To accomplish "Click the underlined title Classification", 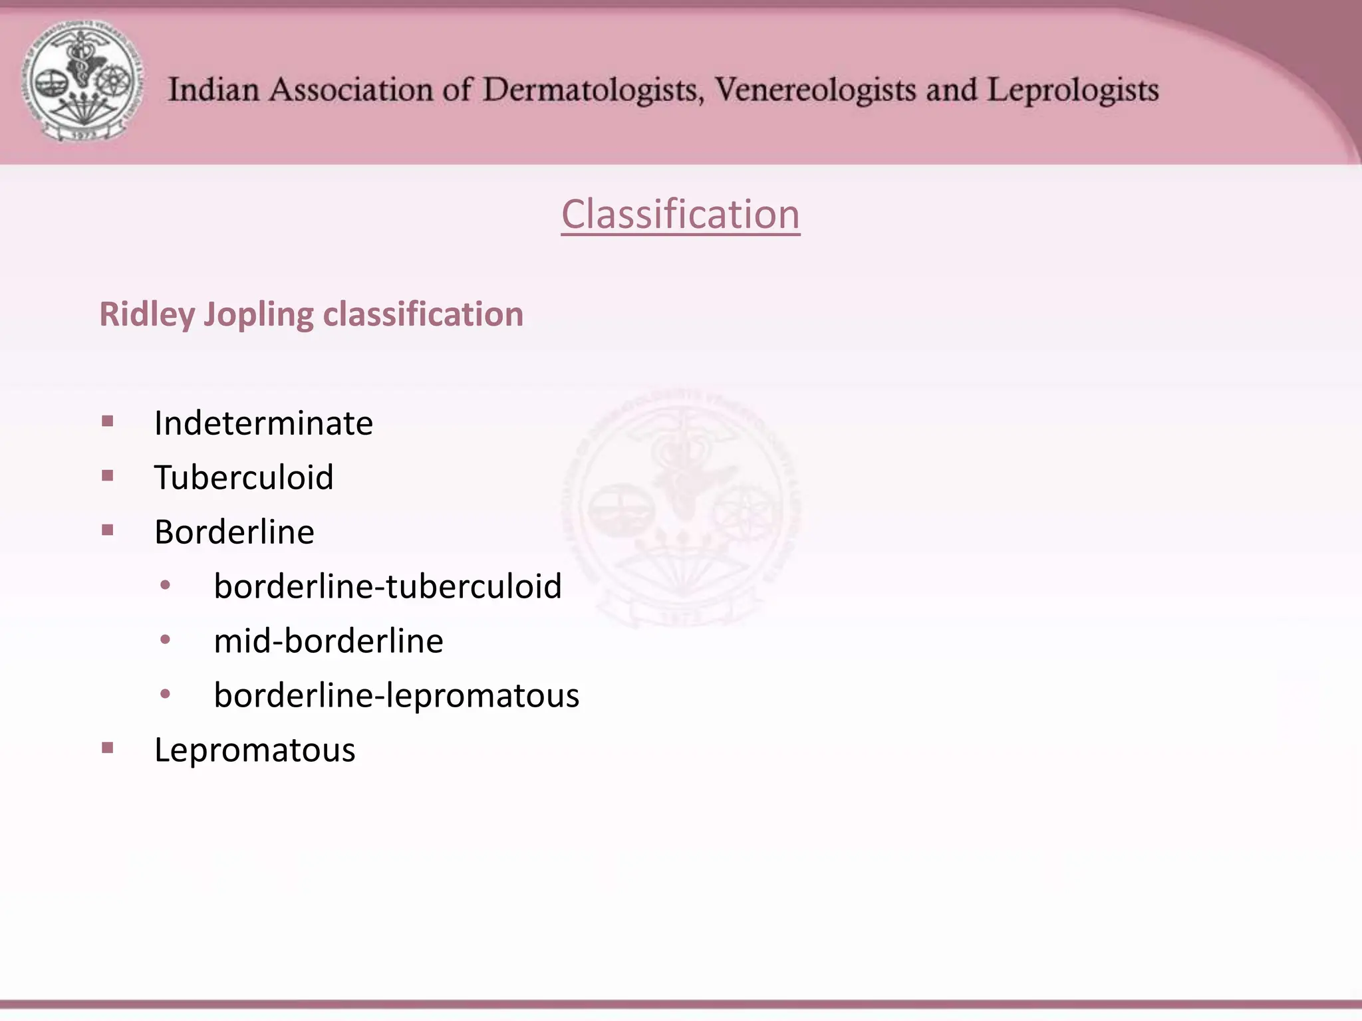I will (680, 214).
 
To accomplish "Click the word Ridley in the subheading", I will (147, 314).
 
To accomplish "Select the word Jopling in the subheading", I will (258, 314).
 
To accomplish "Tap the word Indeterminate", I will (263, 423).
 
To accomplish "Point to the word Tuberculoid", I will (243, 477).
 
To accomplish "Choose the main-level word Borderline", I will (234, 532).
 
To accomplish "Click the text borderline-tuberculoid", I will (388, 586).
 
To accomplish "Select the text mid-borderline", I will (329, 641).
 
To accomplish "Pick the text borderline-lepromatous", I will (396, 695).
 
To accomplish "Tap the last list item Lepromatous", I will (255, 750).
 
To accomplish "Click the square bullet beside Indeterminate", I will (108, 421).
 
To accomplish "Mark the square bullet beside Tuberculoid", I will (108, 475).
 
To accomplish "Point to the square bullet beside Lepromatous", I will (108, 748).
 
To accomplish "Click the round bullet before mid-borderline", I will (166, 639).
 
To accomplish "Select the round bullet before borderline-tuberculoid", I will (166, 585).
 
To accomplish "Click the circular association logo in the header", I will (82, 81).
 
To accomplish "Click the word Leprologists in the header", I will (1073, 90).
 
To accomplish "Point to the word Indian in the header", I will (213, 90).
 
